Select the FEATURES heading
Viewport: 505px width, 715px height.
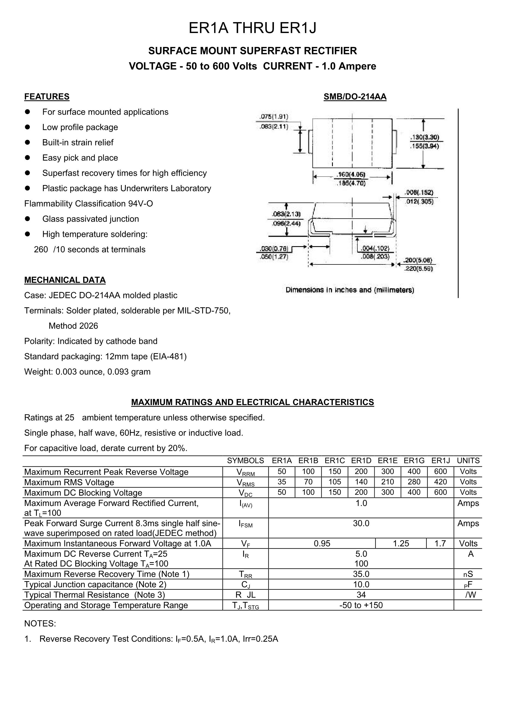(x=47, y=97)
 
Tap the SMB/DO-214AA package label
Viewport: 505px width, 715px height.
(x=355, y=97)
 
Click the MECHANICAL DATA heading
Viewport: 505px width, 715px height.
(x=65, y=280)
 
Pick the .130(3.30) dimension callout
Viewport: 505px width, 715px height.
(x=425, y=137)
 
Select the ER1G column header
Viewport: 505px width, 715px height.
(x=414, y=461)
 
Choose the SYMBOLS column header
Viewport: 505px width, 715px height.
(x=245, y=461)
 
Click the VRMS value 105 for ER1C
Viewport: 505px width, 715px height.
(x=335, y=482)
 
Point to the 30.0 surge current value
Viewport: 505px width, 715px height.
(x=361, y=523)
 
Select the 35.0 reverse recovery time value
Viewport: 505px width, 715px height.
(x=361, y=574)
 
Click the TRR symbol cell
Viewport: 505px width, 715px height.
(x=245, y=574)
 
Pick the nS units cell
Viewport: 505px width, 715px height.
(x=468, y=574)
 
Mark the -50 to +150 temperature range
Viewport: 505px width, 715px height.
(x=361, y=605)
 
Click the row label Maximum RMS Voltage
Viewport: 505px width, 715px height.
(x=69, y=482)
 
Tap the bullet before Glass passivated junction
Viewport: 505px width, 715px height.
(x=27, y=219)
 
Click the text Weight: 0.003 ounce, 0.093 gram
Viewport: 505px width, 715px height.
(x=87, y=371)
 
